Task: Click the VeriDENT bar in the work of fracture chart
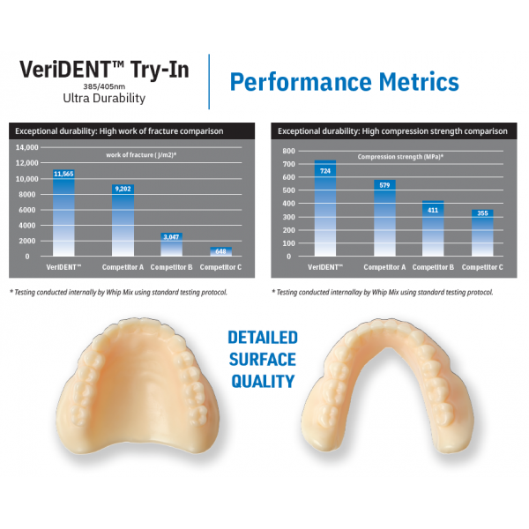coord(63,212)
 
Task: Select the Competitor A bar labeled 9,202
coord(123,220)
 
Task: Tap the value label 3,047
coord(171,237)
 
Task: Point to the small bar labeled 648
coord(220,251)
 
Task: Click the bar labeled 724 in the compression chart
coord(325,208)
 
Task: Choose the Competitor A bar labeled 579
coord(384,218)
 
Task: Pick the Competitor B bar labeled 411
coord(433,228)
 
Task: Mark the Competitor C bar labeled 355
coord(482,233)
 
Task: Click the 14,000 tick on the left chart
coord(27,147)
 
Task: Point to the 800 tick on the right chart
coord(289,151)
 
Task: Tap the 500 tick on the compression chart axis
coord(289,190)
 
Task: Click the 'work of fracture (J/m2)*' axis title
coord(141,155)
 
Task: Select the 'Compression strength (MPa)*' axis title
coord(400,157)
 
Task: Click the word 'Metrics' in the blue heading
coord(419,82)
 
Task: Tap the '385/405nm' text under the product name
coord(104,86)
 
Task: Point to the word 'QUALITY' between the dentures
coord(263,381)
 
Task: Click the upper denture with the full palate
coord(138,386)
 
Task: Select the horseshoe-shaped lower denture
coord(387,385)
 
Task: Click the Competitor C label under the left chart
coord(220,267)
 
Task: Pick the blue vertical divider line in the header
coord(209,82)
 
